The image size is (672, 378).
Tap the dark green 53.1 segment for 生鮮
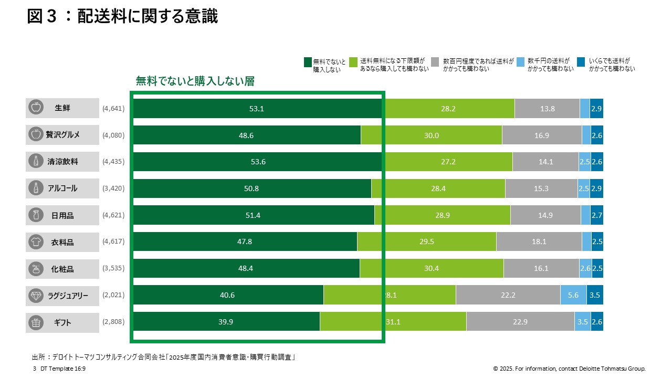[257, 109]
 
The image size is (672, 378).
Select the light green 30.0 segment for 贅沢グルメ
[432, 135]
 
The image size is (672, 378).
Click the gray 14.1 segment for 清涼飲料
[545, 162]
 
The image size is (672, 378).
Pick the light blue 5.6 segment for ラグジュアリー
[573, 295]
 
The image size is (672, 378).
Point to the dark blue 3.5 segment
[595, 295]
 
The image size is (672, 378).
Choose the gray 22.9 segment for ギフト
[520, 322]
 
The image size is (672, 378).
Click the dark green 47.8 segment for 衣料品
[245, 242]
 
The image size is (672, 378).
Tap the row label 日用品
[62, 215]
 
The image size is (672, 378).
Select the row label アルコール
[62, 188]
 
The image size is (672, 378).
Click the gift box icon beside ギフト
[36, 323]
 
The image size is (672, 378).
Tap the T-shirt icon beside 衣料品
[36, 242]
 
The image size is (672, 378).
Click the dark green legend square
[308, 62]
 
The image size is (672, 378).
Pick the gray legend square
[435, 62]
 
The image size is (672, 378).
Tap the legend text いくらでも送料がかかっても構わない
[612, 65]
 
